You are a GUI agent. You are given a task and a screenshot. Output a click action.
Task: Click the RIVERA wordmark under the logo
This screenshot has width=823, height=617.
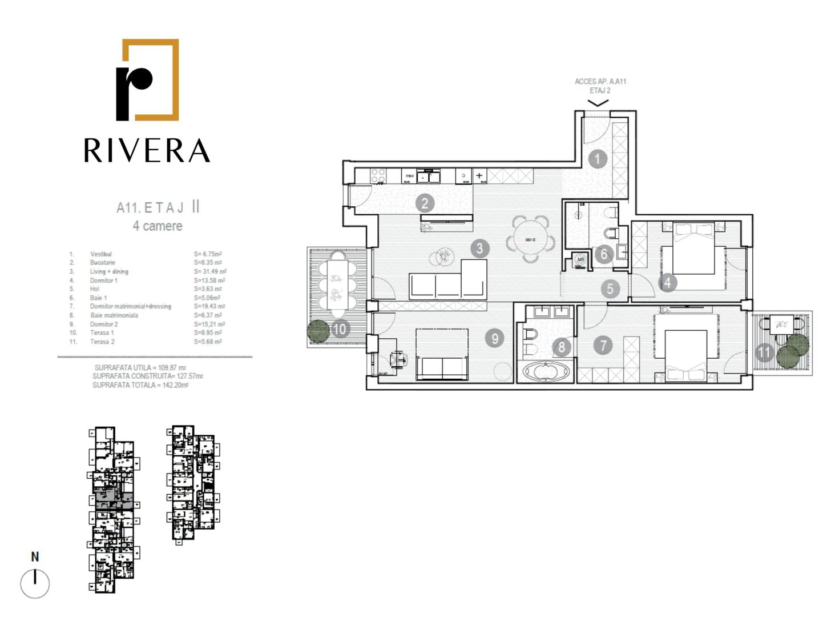point(147,150)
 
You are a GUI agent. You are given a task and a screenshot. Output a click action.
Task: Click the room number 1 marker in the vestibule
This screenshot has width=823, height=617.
point(598,159)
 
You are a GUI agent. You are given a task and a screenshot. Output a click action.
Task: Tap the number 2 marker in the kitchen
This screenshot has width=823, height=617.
point(424,203)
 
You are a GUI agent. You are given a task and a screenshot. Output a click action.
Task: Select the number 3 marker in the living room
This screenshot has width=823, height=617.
point(479,249)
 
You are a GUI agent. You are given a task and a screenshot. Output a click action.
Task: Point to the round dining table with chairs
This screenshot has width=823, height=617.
point(530,239)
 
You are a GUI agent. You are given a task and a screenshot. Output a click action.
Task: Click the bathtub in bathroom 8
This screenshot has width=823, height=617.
point(546,372)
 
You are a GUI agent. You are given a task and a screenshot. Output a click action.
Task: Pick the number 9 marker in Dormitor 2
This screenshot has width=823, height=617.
point(495,339)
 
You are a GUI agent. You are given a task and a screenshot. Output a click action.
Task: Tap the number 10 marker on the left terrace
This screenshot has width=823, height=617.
point(340,329)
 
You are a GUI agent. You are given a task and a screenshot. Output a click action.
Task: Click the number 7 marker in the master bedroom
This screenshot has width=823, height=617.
point(603,345)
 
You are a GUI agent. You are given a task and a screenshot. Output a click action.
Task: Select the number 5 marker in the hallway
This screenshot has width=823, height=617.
point(610,289)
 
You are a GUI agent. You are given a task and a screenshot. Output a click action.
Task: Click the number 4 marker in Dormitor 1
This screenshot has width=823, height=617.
point(667,282)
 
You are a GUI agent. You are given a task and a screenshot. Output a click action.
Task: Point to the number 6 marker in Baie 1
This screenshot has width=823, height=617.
point(604,254)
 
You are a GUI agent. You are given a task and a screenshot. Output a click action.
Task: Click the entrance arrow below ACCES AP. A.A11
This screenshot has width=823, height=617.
point(598,103)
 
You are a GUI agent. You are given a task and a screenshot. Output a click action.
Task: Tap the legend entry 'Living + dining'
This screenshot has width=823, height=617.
point(109,272)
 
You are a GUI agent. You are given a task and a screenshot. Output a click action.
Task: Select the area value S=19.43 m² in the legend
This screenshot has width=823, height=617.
point(209,307)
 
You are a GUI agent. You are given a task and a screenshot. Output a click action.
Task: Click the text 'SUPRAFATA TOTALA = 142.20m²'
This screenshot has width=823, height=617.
point(140,386)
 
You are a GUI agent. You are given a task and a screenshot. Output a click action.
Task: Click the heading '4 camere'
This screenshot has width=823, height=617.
point(158,226)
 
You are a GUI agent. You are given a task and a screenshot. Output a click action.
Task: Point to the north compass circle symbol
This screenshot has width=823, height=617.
point(35,584)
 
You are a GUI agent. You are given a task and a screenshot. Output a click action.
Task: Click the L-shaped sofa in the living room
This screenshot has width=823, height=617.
point(449,281)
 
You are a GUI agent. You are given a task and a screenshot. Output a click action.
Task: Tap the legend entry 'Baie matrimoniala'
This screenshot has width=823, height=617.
point(114,315)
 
